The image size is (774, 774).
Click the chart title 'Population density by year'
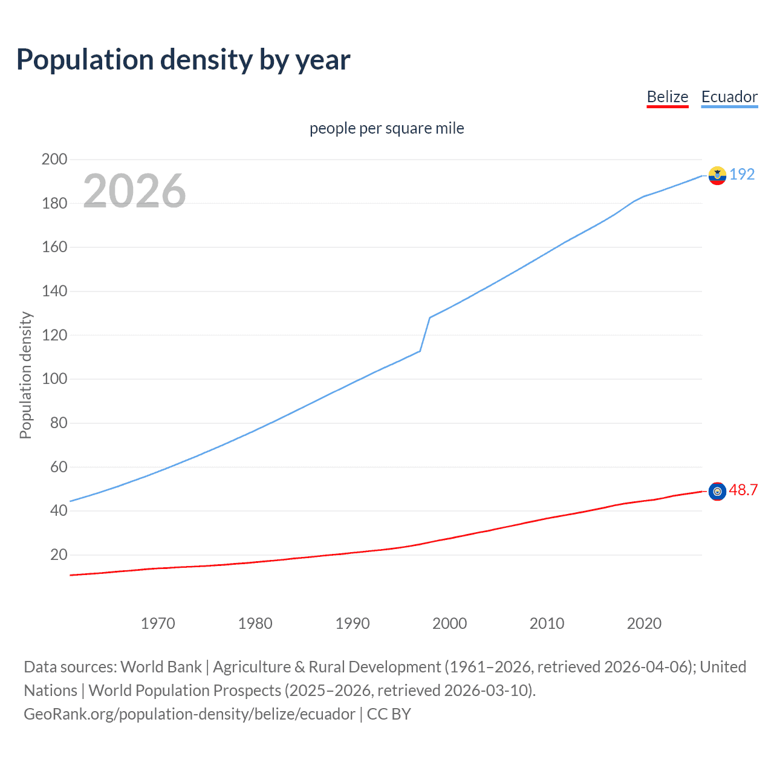(x=183, y=60)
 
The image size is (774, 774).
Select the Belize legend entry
(x=668, y=97)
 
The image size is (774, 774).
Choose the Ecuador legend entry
(x=729, y=97)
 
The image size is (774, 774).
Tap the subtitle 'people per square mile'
(x=387, y=128)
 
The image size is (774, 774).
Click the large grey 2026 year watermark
(x=134, y=191)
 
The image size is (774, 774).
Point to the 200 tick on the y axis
(x=54, y=160)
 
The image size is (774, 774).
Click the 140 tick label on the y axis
(x=54, y=291)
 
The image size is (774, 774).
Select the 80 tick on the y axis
(x=59, y=423)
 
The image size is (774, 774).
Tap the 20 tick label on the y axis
(x=59, y=555)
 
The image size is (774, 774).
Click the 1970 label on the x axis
(x=158, y=623)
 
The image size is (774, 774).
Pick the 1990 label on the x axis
(x=353, y=623)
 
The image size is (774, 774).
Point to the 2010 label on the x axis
(x=547, y=623)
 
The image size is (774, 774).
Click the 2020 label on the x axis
(x=644, y=623)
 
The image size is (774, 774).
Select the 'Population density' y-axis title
(x=25, y=375)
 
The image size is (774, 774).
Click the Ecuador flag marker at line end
(x=717, y=175)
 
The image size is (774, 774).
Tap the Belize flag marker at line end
(x=717, y=492)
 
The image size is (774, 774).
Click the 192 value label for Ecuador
(x=742, y=174)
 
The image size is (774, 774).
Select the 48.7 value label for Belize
(x=743, y=490)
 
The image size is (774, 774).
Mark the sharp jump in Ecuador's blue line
(x=425, y=334)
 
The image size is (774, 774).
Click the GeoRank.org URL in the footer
(x=189, y=714)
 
